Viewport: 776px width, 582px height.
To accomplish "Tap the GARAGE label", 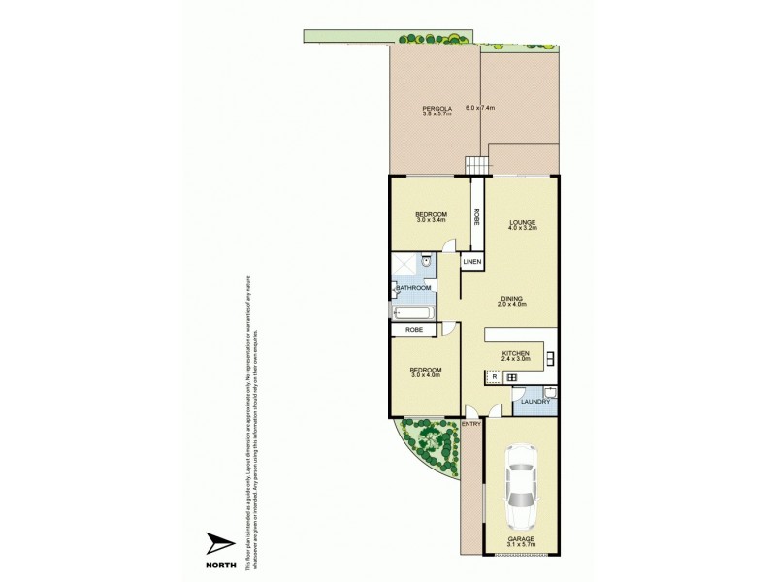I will [522, 538].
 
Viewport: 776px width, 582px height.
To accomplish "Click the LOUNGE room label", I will [523, 222].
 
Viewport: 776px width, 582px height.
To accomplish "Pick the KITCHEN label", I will [514, 353].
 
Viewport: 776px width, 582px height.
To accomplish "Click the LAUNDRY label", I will [535, 402].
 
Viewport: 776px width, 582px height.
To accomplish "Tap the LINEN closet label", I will [472, 263].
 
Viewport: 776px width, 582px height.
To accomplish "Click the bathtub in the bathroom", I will [412, 312].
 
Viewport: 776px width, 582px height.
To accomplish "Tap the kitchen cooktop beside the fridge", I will [512, 377].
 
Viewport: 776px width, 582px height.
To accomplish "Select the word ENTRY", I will [471, 424].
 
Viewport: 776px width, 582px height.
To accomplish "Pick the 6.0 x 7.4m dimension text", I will [481, 108].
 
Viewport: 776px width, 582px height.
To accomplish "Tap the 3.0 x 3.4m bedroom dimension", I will [431, 221].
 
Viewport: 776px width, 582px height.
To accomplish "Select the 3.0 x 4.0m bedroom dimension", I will [426, 375].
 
